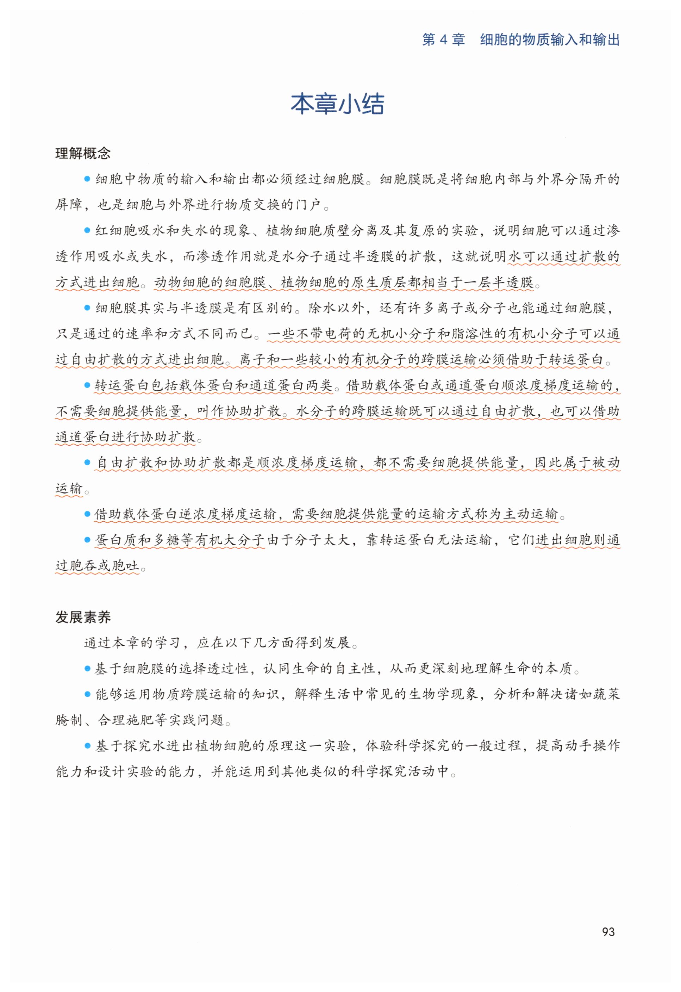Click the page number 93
[608, 931]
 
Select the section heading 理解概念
[83, 153]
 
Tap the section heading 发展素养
[83, 617]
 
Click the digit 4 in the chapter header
[443, 40]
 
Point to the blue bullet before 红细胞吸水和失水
[87, 230]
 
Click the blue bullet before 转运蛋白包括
[87, 385]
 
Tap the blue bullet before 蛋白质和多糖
[87, 540]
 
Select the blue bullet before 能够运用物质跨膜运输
[87, 694]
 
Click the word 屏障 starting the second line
[69, 205]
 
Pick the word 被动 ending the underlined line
[606, 462]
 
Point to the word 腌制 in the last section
[69, 720]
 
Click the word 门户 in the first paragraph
[308, 205]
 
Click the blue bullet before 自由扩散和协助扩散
[87, 462]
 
